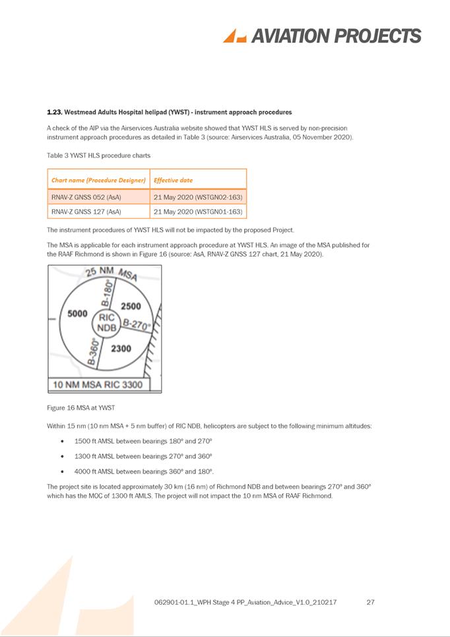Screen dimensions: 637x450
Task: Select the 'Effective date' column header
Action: click(x=173, y=179)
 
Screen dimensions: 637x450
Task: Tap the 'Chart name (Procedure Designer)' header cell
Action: click(x=98, y=179)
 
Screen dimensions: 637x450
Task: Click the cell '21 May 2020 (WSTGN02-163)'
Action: click(x=198, y=197)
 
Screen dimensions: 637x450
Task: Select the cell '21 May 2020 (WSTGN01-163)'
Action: click(x=198, y=212)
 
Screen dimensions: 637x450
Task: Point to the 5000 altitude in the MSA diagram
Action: click(x=78, y=314)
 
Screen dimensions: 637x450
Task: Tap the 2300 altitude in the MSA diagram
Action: click(x=121, y=348)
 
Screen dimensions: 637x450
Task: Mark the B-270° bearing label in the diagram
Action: click(x=137, y=324)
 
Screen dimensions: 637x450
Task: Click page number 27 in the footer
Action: click(x=370, y=602)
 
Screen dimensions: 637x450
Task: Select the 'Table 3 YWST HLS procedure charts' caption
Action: click(x=98, y=156)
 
